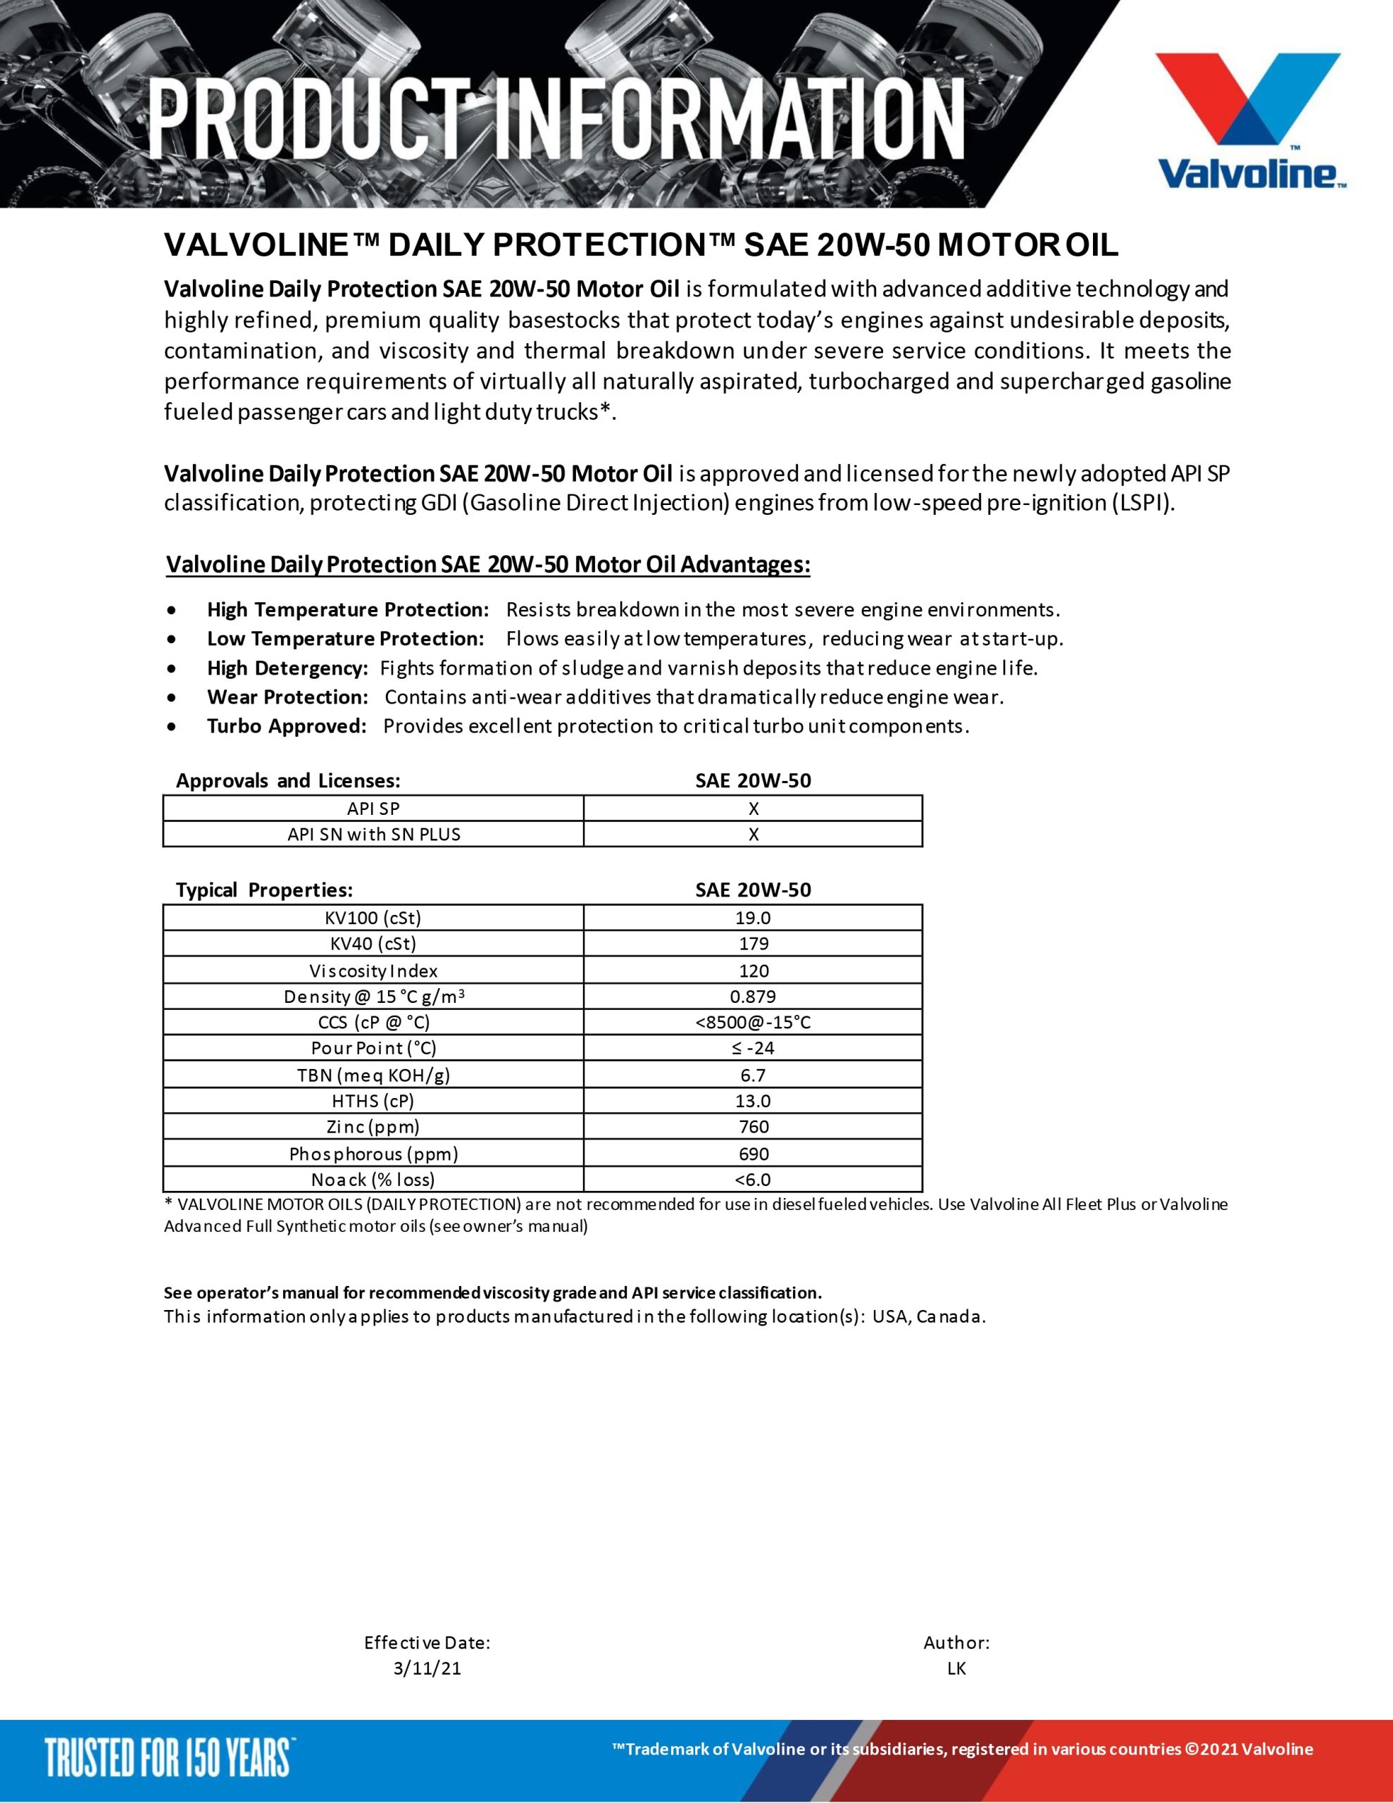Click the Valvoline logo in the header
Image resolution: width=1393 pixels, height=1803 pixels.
pyautogui.click(x=1249, y=120)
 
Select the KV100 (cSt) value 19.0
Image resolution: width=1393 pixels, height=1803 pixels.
pyautogui.click(x=753, y=918)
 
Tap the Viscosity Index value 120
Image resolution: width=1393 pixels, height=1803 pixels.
pyautogui.click(x=753, y=971)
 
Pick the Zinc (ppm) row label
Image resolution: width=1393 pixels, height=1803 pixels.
pyautogui.click(x=373, y=1127)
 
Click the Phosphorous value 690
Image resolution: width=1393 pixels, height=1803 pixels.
pyautogui.click(x=753, y=1154)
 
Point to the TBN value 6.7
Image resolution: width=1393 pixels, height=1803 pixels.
pyautogui.click(x=753, y=1075)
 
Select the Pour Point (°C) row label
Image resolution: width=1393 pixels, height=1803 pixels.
pyautogui.click(x=373, y=1049)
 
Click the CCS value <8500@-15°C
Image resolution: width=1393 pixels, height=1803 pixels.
pyautogui.click(x=753, y=1023)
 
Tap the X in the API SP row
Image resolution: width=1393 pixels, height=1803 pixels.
pyautogui.click(x=753, y=809)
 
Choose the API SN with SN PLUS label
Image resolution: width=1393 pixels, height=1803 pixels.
pyautogui.click(x=373, y=835)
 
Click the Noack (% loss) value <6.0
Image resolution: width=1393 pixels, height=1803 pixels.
pyautogui.click(x=753, y=1180)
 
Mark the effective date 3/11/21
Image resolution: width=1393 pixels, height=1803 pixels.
pyautogui.click(x=427, y=1668)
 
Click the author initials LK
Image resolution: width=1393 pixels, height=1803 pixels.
pyautogui.click(x=956, y=1668)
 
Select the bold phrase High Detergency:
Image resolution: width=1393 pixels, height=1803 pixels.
pyautogui.click(x=287, y=668)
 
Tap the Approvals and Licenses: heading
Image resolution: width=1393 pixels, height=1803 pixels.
pyautogui.click(x=288, y=781)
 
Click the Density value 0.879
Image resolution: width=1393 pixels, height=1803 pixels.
pyautogui.click(x=753, y=997)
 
